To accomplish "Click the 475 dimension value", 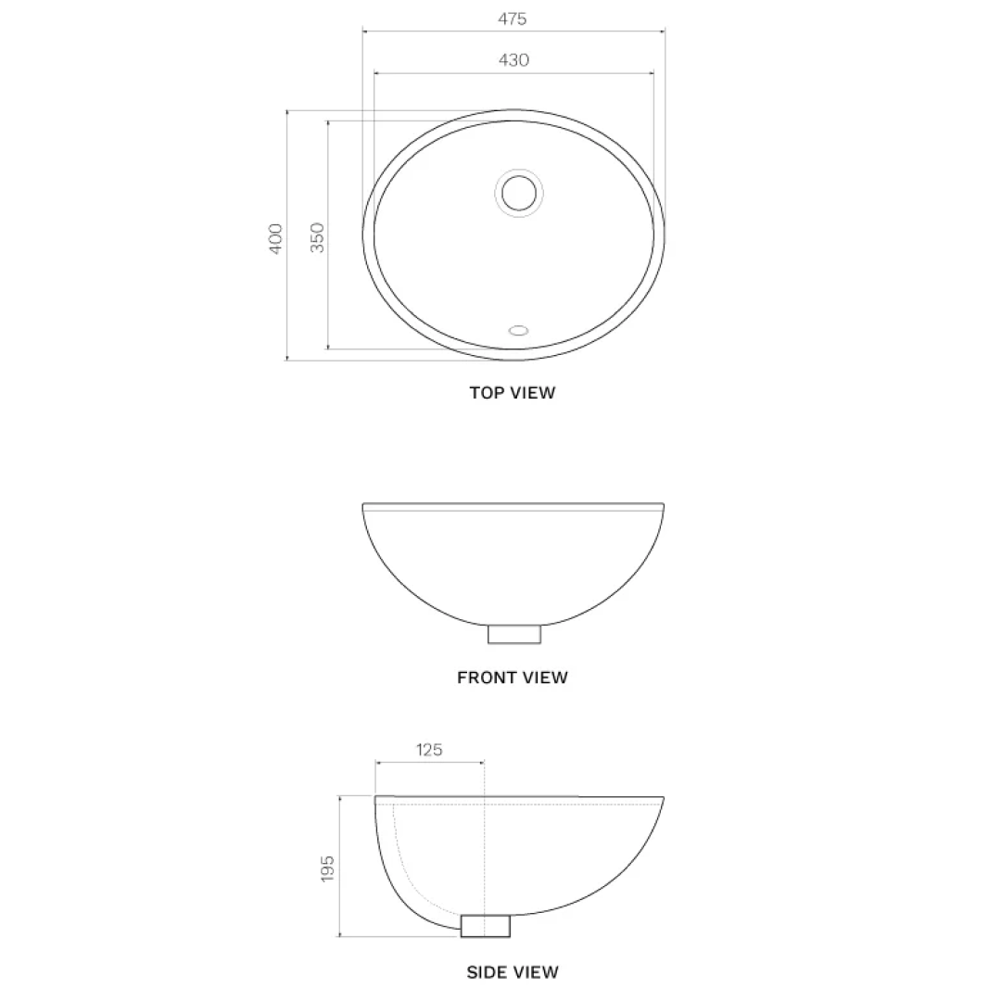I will [x=513, y=19].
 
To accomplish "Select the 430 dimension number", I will [x=513, y=60].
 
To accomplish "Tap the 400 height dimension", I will [x=275, y=239].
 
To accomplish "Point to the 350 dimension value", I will [x=317, y=238].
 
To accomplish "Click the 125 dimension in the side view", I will [x=428, y=750].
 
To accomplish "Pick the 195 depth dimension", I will [x=327, y=868].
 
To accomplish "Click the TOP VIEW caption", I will [x=513, y=393].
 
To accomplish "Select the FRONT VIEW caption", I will [x=513, y=678].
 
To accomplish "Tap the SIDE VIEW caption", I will [x=513, y=972].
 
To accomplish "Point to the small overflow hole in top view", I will [x=518, y=329].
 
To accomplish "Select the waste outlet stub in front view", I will [x=514, y=634].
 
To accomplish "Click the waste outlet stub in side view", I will [x=486, y=925].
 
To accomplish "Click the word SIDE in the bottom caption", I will [x=487, y=972].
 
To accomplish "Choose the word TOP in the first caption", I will [x=486, y=393].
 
